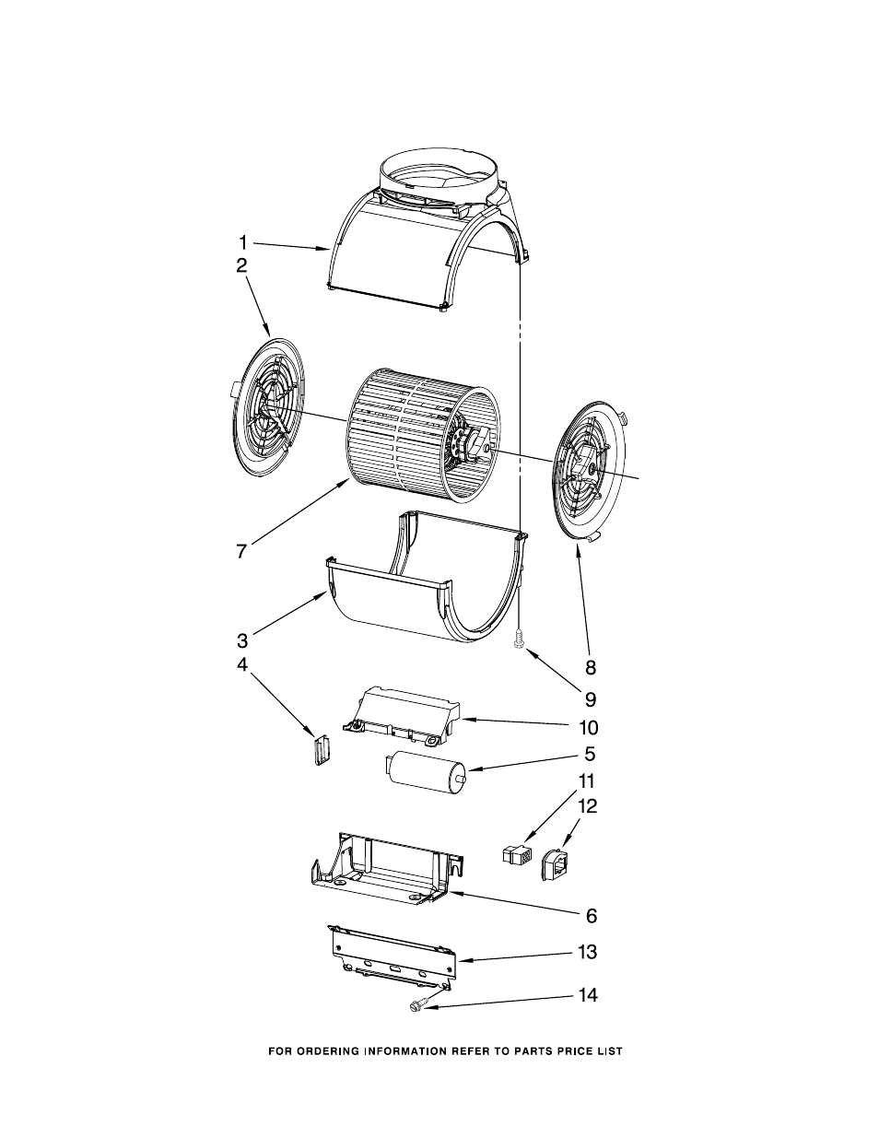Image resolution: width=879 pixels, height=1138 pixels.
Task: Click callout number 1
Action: (x=242, y=243)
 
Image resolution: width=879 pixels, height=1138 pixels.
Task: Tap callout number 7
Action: (x=240, y=551)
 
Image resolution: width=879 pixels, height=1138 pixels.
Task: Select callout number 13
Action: (x=588, y=952)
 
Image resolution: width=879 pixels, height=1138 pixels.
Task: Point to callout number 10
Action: (x=588, y=727)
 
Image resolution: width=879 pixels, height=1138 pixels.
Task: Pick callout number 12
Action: (x=587, y=806)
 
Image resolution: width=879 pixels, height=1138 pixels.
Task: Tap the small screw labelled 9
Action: (x=521, y=636)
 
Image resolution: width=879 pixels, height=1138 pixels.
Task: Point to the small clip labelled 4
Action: (x=320, y=748)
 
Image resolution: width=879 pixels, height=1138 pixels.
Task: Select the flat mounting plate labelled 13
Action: (x=394, y=959)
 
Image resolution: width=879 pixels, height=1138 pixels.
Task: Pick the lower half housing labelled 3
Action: (x=415, y=599)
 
